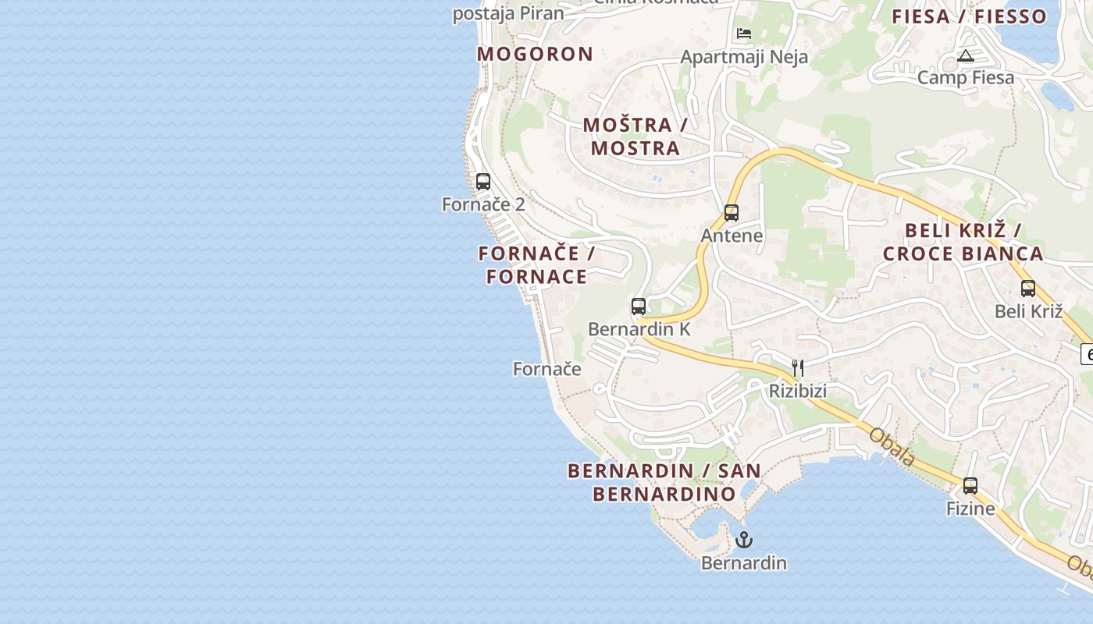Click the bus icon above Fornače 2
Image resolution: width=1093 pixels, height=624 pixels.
[483, 182]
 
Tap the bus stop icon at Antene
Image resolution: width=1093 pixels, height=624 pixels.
[732, 212]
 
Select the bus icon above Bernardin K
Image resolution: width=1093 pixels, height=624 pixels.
[639, 306]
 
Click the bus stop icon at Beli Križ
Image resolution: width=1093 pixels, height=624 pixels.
[1028, 288]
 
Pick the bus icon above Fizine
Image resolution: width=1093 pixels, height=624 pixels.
[970, 485]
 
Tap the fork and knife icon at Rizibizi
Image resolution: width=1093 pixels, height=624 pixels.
[798, 367]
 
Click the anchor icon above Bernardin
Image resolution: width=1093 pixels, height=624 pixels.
[744, 540]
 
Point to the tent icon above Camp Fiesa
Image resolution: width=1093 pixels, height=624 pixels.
[966, 55]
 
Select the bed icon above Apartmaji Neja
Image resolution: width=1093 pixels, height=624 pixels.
[744, 34]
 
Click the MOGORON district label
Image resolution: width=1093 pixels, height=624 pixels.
[536, 54]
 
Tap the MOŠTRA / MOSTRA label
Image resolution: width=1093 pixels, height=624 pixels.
[636, 136]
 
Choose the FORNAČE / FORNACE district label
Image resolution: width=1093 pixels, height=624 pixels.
[537, 265]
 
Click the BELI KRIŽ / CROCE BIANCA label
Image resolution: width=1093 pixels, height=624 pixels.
[963, 243]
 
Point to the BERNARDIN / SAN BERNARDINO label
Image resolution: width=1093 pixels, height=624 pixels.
[664, 482]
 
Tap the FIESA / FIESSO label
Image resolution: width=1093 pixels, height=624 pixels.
[970, 16]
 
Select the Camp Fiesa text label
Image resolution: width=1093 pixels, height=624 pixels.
[966, 77]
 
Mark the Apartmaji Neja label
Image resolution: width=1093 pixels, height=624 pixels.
[744, 57]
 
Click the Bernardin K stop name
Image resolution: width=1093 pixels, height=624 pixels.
[639, 329]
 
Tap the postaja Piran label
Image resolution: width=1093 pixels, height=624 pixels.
[508, 13]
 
